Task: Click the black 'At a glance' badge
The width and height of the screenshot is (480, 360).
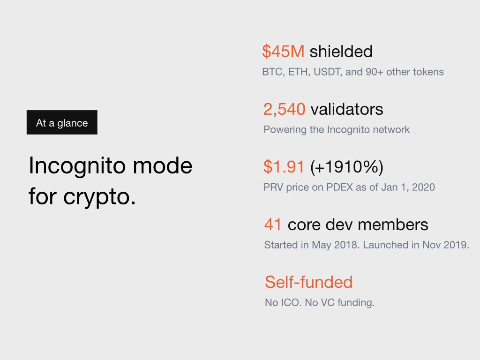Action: [x=62, y=122]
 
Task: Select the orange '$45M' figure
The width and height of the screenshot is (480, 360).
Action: [x=283, y=52]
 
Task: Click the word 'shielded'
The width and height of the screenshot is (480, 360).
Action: [x=341, y=51]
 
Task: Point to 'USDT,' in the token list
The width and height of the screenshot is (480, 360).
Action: [x=328, y=72]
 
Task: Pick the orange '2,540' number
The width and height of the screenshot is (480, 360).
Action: [x=285, y=109]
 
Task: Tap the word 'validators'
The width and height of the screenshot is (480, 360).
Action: [x=347, y=109]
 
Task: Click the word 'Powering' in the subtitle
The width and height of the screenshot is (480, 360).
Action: [x=285, y=130]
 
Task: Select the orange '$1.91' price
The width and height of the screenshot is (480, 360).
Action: [x=284, y=167]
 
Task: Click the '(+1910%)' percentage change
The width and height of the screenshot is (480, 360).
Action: [x=346, y=167]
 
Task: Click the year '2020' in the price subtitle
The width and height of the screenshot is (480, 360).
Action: [x=423, y=187]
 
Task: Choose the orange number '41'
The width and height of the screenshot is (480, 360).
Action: [x=273, y=225]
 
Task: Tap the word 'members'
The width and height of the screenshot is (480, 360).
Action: [x=393, y=225]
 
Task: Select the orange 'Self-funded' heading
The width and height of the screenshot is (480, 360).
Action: [x=308, y=282]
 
